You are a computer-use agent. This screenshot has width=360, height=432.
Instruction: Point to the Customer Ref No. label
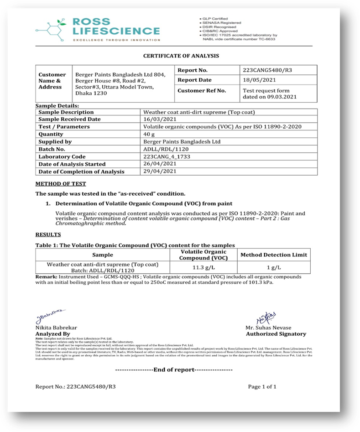[202, 90]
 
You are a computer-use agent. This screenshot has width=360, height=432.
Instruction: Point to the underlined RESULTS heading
[48, 234]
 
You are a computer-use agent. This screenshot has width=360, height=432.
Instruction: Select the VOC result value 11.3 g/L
[203, 267]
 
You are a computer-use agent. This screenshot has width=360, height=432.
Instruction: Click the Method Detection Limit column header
[273, 255]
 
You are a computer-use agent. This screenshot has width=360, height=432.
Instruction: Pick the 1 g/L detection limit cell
[273, 267]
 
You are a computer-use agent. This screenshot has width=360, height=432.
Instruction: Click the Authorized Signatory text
[276, 334]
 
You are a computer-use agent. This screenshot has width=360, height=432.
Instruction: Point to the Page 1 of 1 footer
[262, 386]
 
